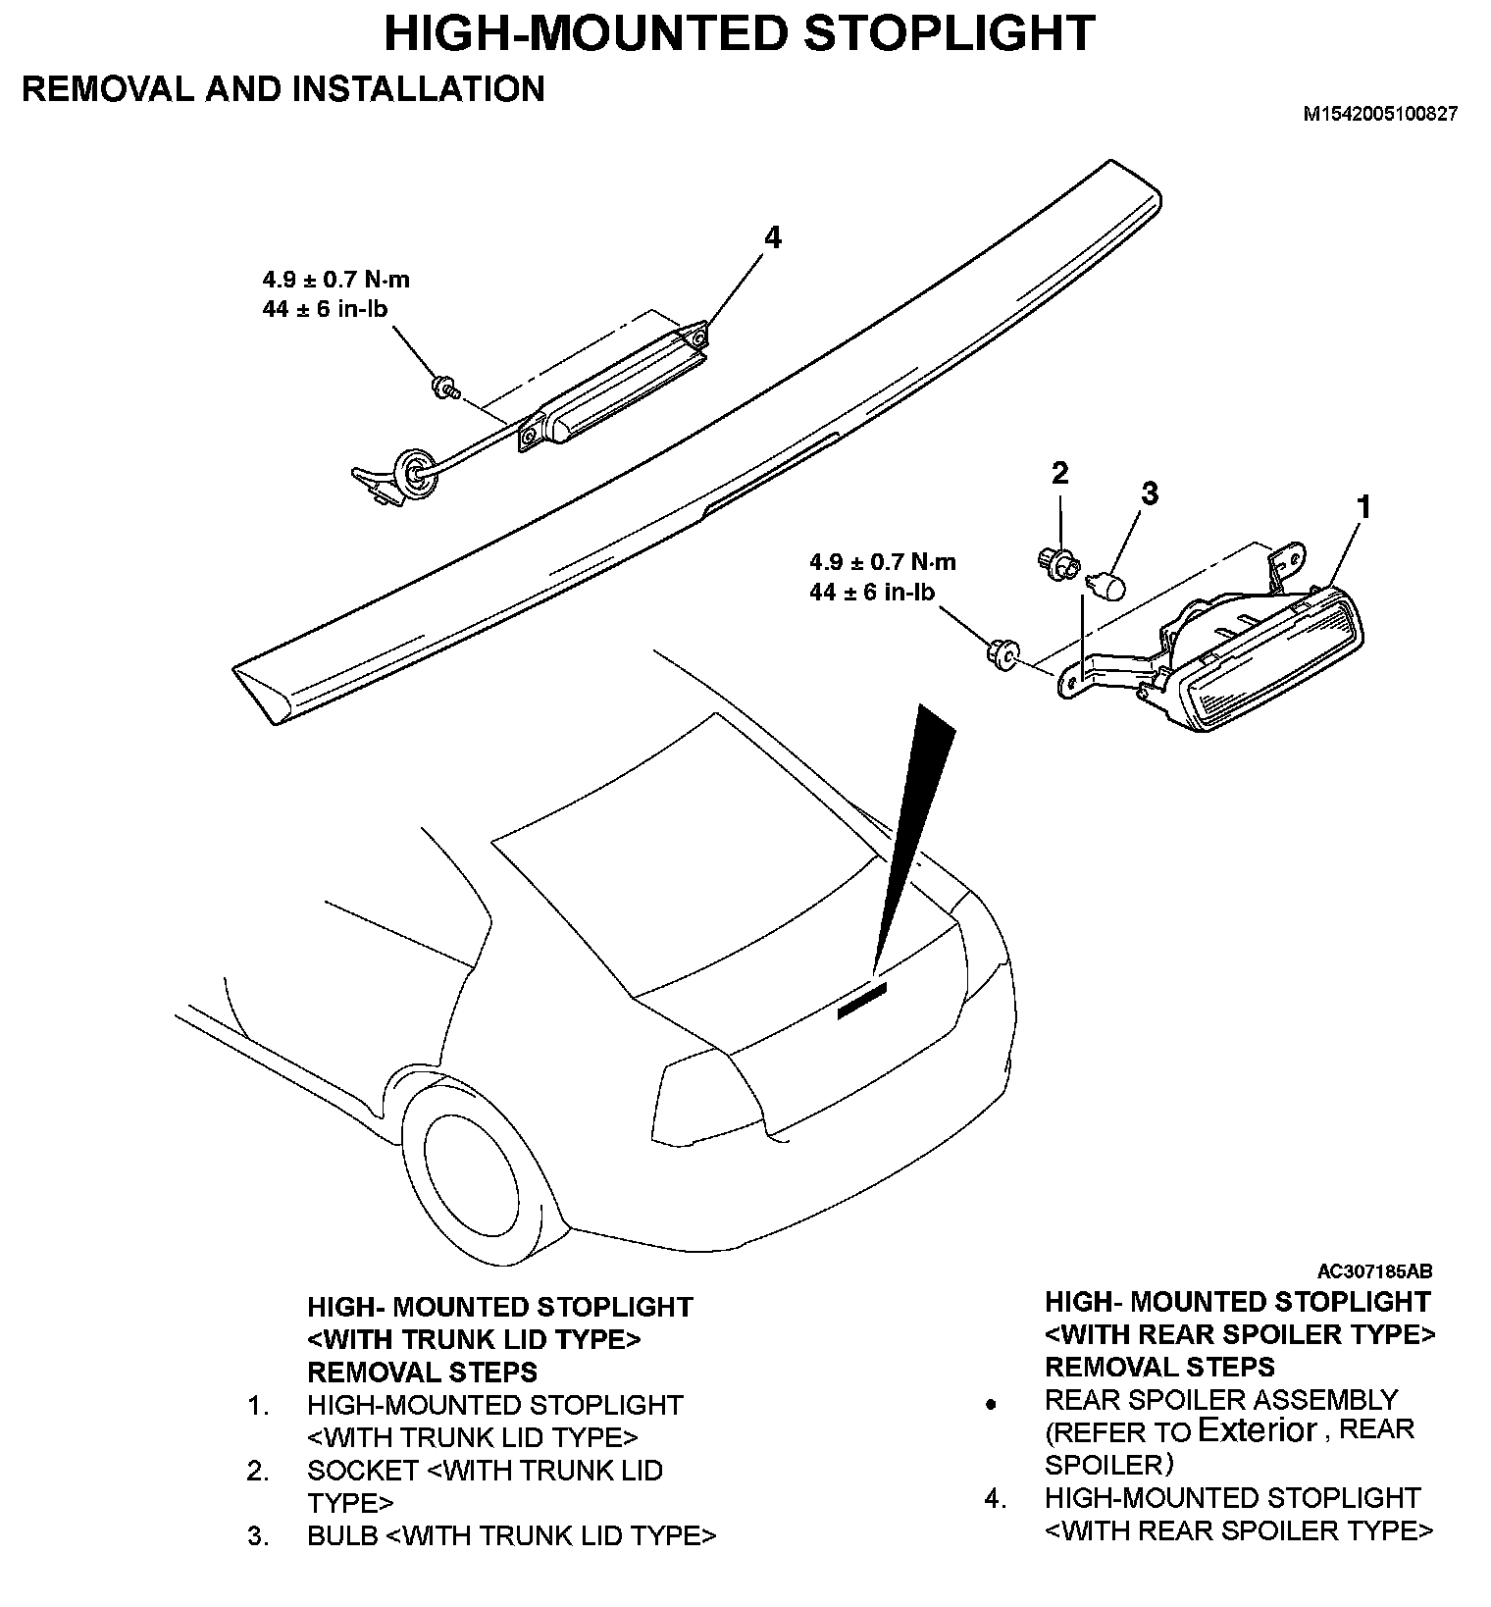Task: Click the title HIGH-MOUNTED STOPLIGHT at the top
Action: tap(739, 32)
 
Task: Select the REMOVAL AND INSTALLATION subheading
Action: tap(283, 88)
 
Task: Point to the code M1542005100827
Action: tap(1379, 114)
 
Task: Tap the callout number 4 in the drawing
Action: tap(773, 237)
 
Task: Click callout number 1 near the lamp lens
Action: tap(1362, 507)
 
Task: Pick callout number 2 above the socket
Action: tap(1059, 473)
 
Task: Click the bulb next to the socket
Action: tap(1107, 586)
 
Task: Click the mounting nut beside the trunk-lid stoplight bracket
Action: tap(1002, 652)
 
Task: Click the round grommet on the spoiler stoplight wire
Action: tap(414, 471)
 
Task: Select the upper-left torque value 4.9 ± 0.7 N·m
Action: tap(335, 279)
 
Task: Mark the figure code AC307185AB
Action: tap(1374, 1271)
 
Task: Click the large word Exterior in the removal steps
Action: tap(1258, 1430)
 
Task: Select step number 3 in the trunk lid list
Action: tap(258, 1535)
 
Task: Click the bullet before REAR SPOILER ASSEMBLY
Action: tap(991, 1405)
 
